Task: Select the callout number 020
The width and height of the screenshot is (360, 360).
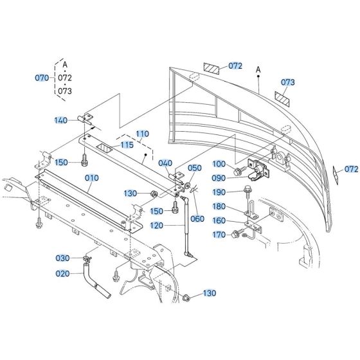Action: pyautogui.click(x=62, y=273)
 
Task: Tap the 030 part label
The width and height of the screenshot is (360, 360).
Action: pyautogui.click(x=62, y=258)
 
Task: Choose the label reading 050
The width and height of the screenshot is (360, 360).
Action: pyautogui.click(x=195, y=168)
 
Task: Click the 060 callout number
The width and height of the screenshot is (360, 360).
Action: pyautogui.click(x=197, y=219)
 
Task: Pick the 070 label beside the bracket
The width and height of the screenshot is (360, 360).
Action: pyautogui.click(x=42, y=77)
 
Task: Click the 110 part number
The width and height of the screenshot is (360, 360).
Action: pyautogui.click(x=141, y=134)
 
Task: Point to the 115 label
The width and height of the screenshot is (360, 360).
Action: pyautogui.click(x=127, y=145)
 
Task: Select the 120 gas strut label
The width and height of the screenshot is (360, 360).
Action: pyautogui.click(x=157, y=225)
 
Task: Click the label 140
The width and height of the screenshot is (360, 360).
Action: pyautogui.click(x=61, y=120)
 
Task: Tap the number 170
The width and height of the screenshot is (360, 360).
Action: pyautogui.click(x=219, y=235)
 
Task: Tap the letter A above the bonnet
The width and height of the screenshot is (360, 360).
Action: pyautogui.click(x=257, y=69)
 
